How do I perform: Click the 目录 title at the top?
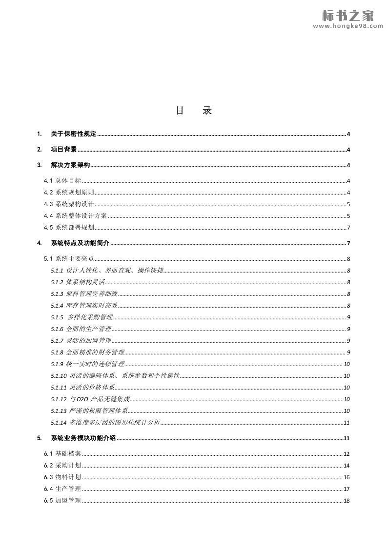click(194, 111)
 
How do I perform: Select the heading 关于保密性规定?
click(73, 134)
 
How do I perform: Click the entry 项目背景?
click(63, 150)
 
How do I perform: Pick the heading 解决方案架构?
click(70, 165)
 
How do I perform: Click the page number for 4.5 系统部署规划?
click(348, 228)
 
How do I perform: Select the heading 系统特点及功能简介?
click(80, 243)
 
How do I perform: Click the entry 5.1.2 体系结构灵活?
click(78, 282)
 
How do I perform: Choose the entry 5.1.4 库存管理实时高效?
click(84, 306)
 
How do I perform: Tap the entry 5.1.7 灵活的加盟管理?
click(81, 341)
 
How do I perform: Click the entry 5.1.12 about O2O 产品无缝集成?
click(90, 399)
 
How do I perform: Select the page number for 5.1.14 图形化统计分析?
click(347, 423)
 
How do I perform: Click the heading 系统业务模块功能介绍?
click(83, 438)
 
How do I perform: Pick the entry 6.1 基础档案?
click(62, 454)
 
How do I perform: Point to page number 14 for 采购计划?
click(346, 466)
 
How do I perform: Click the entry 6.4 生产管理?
click(62, 489)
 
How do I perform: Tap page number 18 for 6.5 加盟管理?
click(346, 501)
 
